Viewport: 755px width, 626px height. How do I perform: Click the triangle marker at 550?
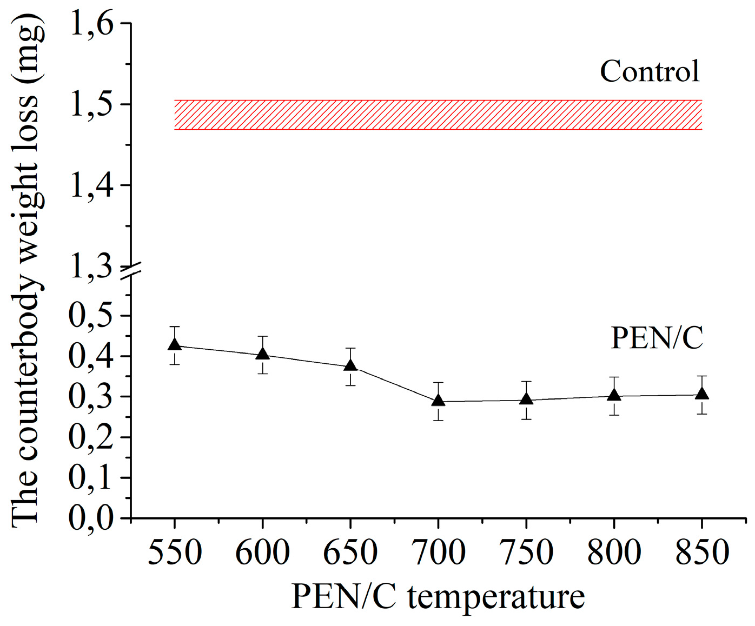click(174, 344)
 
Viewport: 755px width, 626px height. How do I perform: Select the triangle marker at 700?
click(438, 400)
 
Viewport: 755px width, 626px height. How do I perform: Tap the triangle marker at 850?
click(702, 393)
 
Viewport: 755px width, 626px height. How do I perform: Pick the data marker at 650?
click(350, 365)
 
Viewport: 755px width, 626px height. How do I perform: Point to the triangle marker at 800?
click(614, 394)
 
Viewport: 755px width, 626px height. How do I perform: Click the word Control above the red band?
click(650, 71)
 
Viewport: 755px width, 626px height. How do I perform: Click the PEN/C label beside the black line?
click(657, 338)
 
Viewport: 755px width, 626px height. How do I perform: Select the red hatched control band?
click(438, 115)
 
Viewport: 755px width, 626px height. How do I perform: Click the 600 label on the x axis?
click(262, 552)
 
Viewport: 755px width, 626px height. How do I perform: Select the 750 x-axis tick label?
click(526, 552)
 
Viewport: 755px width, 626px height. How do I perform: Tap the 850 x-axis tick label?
click(702, 552)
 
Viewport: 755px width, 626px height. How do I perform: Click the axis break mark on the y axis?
click(131, 272)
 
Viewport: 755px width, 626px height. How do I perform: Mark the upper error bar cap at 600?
click(262, 336)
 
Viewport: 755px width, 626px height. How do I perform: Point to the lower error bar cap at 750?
click(526, 419)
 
